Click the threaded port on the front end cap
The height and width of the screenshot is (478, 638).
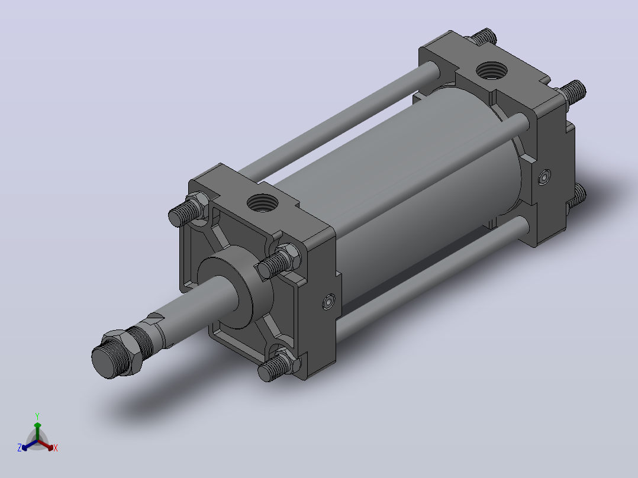coord(262,202)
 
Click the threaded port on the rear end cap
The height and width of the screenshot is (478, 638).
coord(491,70)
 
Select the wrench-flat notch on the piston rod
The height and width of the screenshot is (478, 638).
coord(154,318)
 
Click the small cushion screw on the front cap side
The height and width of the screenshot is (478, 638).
coord(329,302)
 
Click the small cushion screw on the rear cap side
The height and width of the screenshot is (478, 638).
coord(544,177)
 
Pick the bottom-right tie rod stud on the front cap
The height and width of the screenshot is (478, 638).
coord(277,366)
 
